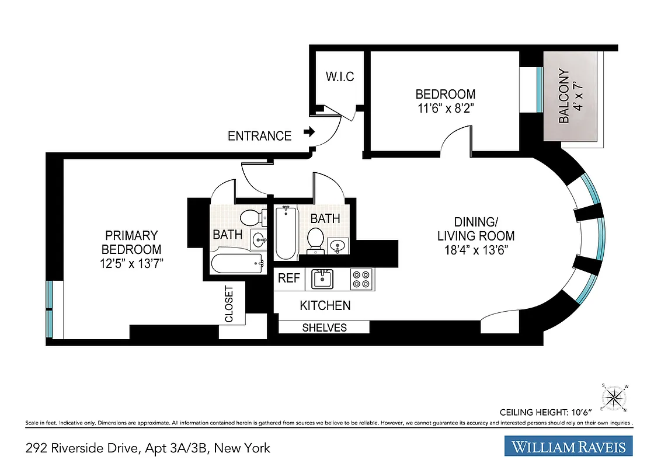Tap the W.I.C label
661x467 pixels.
point(339,77)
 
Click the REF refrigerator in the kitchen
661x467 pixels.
point(288,278)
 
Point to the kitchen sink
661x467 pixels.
point(322,278)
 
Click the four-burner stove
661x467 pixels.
point(361,278)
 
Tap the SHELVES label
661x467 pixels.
point(324,327)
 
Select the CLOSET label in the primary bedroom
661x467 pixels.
point(229,304)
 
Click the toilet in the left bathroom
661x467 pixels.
point(251,218)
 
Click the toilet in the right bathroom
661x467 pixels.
point(315,239)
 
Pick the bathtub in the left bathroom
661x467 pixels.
point(236,265)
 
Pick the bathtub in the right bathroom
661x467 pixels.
point(286,232)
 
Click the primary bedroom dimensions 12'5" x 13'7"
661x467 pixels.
point(131,263)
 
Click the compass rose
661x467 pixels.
point(614,398)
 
